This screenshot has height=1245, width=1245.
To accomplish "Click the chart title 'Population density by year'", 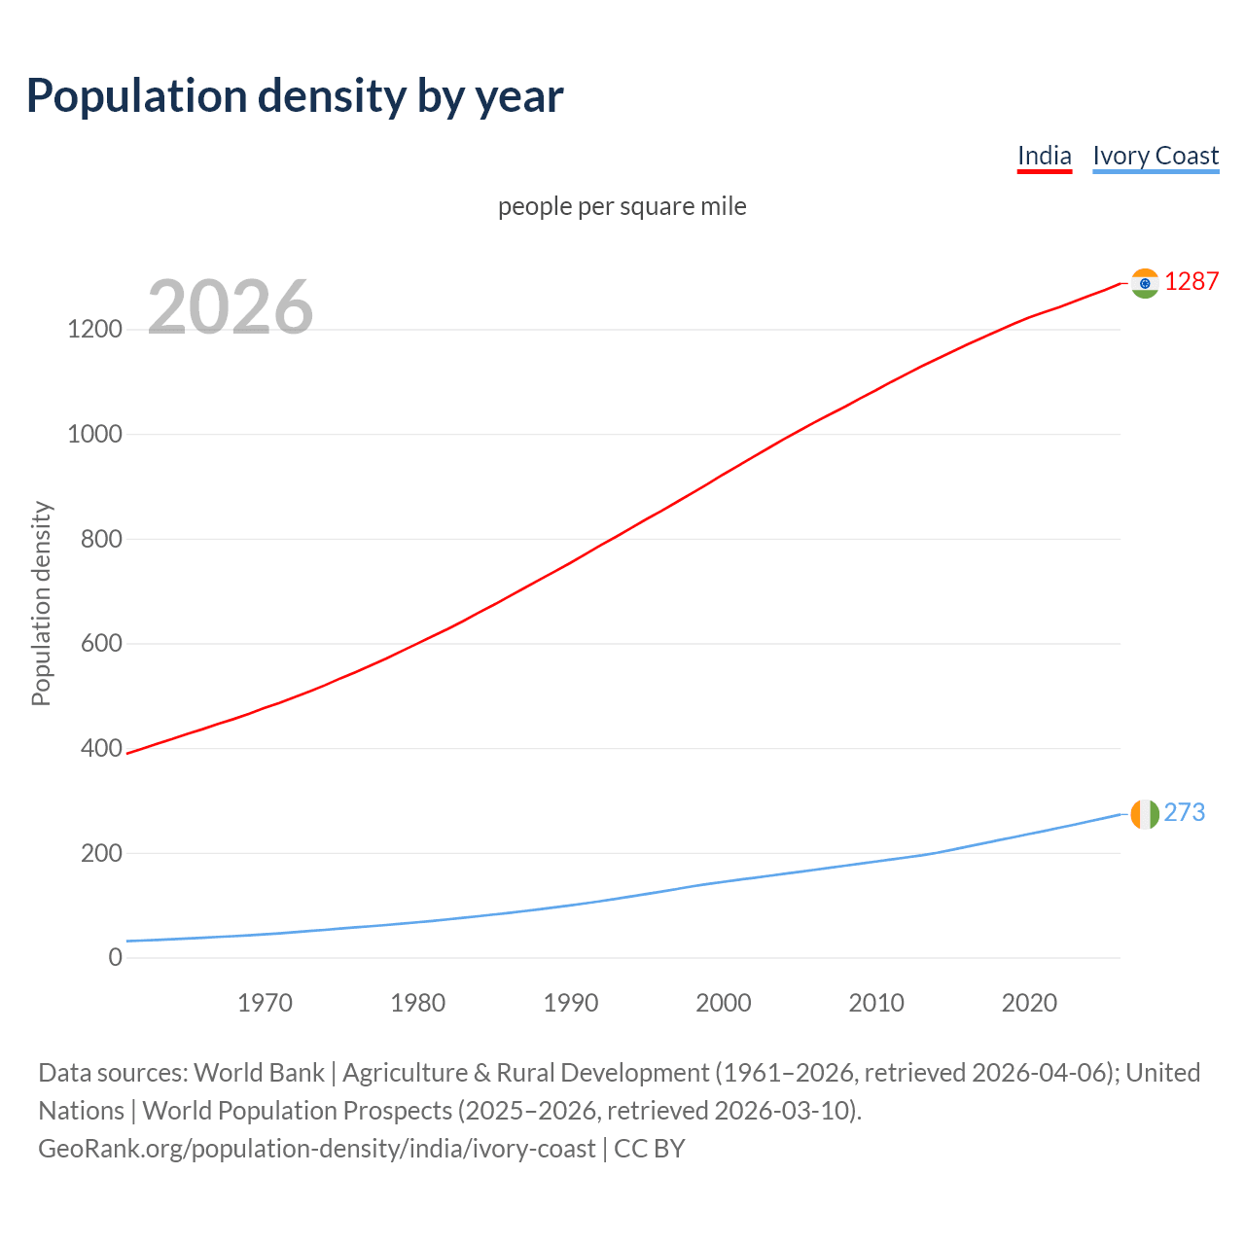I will click(x=295, y=95).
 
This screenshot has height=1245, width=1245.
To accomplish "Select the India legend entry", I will click(x=1044, y=156).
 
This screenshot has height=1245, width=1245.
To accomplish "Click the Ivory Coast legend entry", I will click(x=1156, y=156).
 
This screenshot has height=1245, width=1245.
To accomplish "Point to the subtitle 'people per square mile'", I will click(x=622, y=206).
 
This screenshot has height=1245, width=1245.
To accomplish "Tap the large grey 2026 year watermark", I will click(x=231, y=307).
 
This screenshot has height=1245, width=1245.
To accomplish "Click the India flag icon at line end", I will click(x=1145, y=283).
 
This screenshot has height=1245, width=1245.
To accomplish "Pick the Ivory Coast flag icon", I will click(x=1145, y=814).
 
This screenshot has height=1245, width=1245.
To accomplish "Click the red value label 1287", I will click(x=1192, y=281).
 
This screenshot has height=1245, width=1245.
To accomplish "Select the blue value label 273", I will click(x=1185, y=812).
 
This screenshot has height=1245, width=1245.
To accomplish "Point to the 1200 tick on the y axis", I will click(x=94, y=330).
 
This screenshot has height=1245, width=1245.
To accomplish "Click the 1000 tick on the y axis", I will click(x=94, y=434).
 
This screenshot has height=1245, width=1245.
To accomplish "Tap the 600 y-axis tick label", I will click(x=101, y=644).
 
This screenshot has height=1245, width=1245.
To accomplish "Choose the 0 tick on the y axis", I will click(x=116, y=958).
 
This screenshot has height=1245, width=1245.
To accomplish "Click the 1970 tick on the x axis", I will click(x=265, y=1003).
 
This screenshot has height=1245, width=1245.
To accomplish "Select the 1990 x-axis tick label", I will click(x=571, y=1003).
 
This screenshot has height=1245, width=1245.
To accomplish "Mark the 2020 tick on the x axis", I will click(x=1029, y=1003).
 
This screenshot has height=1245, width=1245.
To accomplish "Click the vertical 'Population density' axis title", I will click(x=41, y=603).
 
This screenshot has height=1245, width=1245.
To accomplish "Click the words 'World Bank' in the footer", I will click(x=259, y=1073).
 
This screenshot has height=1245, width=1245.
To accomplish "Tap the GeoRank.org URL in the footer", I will click(x=316, y=1149).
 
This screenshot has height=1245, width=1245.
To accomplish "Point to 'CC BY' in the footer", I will click(x=650, y=1149).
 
